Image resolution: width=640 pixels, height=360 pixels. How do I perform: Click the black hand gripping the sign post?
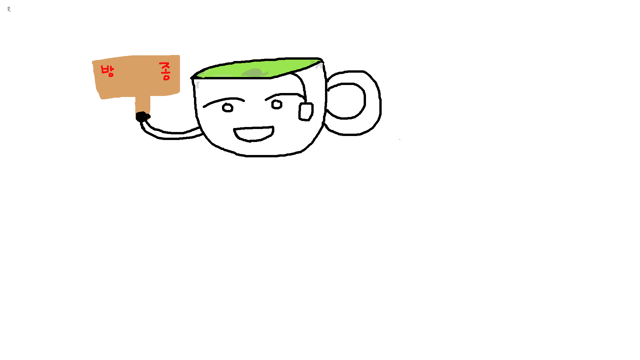coord(143,117)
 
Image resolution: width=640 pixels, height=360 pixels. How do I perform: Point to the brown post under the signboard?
coord(143,104)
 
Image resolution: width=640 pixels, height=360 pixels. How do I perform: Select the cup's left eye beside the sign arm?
coord(228,108)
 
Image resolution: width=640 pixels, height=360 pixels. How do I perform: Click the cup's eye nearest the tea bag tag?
coord(277,104)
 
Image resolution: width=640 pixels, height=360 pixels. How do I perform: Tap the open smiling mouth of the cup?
coord(254,134)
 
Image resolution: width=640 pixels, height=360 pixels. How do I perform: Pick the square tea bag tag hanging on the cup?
coord(306,112)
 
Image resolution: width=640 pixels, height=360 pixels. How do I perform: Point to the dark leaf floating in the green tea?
coord(255,72)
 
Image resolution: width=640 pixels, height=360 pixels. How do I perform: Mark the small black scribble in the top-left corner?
coord(9,9)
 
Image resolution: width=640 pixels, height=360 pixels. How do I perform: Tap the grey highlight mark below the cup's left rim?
coord(198,85)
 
